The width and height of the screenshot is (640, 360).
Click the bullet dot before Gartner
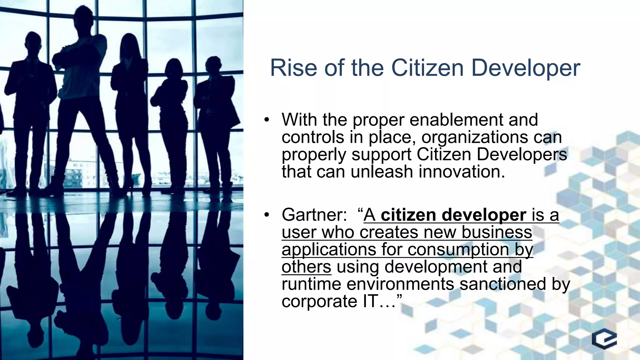tap(266, 215)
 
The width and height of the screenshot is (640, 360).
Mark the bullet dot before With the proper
tap(266, 120)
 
